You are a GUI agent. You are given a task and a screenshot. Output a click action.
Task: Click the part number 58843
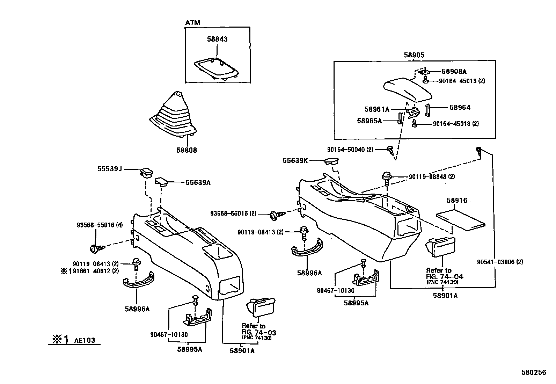218,39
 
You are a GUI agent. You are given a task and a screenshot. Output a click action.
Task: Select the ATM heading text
192,23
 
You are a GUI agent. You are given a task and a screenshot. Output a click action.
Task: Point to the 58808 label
186,150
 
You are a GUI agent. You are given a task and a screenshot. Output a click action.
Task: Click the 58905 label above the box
414,55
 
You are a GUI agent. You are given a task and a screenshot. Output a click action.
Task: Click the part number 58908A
454,72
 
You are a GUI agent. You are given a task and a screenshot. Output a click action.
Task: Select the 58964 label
460,108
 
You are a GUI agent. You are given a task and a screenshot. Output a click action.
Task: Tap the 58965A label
370,121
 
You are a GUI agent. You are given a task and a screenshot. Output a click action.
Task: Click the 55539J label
109,169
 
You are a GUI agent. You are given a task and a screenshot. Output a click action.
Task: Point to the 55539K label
295,161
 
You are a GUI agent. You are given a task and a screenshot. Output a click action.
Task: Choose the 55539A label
198,182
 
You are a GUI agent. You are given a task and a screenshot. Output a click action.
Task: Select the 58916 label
457,201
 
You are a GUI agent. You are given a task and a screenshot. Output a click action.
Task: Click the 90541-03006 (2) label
500,262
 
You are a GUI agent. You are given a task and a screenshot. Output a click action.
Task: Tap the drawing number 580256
534,373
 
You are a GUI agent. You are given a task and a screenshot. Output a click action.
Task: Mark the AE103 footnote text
84,340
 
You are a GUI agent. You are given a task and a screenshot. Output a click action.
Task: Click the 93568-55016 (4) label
100,225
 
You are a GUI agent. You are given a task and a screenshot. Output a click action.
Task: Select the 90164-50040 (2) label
350,150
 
